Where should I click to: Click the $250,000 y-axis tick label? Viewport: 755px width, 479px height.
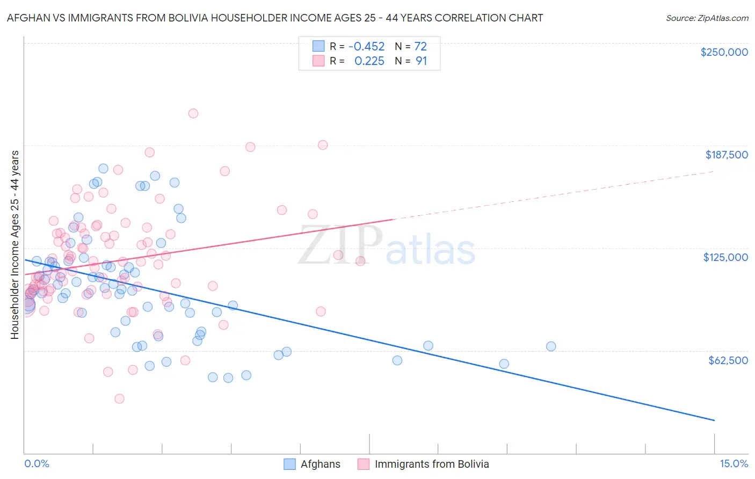tap(724, 52)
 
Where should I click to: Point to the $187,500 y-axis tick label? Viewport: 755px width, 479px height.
tap(726, 155)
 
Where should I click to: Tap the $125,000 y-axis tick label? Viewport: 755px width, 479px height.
tap(725, 257)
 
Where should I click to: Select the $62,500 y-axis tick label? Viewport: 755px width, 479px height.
tap(728, 360)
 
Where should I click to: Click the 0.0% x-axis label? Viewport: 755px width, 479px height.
tap(37, 463)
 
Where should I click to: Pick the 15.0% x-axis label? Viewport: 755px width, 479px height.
tap(734, 463)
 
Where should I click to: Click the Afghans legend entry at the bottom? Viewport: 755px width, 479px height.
tap(320, 465)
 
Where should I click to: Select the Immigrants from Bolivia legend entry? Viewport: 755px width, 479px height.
tap(431, 465)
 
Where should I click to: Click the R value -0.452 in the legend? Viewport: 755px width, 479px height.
tap(366, 46)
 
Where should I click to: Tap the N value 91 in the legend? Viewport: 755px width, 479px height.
tap(422, 61)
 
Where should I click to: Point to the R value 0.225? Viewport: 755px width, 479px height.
tap(369, 61)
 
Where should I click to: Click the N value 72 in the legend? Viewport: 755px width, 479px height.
tap(420, 46)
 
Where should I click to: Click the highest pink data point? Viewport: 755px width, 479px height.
tap(193, 113)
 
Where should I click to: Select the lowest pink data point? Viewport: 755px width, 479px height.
tap(119, 398)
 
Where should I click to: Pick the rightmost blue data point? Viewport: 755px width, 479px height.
tap(551, 346)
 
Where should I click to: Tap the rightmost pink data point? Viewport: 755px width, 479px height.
tap(360, 261)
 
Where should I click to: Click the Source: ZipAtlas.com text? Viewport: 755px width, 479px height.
tap(707, 18)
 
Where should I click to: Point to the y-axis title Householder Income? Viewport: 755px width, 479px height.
tap(14, 245)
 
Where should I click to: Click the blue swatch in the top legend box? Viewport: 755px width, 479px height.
tap(318, 46)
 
